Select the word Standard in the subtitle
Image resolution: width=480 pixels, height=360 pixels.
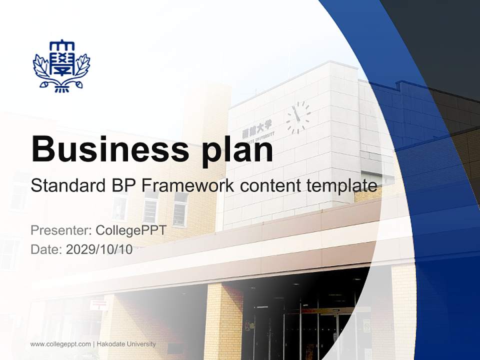tap(65, 186)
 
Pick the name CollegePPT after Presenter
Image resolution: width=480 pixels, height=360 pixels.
tap(131, 230)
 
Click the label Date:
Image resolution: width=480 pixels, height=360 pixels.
tap(46, 249)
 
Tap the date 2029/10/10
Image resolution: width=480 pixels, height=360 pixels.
tap(99, 249)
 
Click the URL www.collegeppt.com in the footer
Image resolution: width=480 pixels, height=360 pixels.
tap(60, 344)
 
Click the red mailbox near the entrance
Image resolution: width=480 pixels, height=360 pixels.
tap(98, 304)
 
